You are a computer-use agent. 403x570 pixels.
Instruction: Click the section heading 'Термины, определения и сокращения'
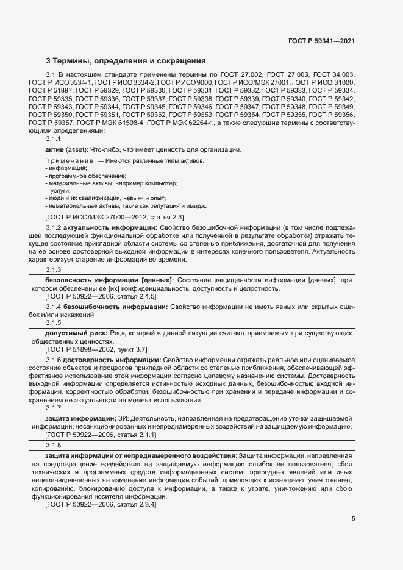click(x=130, y=61)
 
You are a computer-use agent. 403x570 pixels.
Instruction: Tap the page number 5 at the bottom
click(x=353, y=519)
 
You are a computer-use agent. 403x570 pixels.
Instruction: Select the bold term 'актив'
click(x=55, y=150)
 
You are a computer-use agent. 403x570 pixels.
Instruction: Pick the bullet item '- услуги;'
click(x=59, y=191)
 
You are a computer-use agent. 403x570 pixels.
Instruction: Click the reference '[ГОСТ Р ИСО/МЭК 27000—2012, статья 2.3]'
click(x=110, y=216)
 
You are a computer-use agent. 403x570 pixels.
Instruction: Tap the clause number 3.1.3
click(x=54, y=269)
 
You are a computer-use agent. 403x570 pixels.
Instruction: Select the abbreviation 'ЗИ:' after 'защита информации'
click(x=125, y=419)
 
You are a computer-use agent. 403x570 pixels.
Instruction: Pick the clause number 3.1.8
click(x=54, y=446)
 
